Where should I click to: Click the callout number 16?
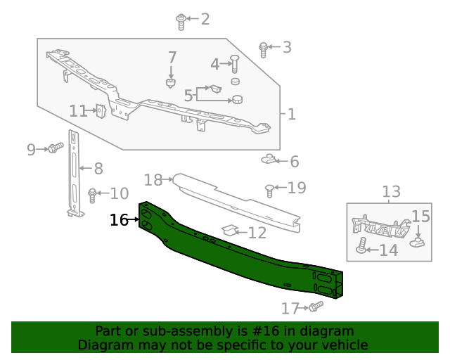(119, 220)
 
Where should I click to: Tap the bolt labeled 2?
(181, 21)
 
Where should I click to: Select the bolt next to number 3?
(264, 49)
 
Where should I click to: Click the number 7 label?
(172, 57)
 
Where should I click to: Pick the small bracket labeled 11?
(101, 111)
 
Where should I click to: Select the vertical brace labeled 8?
(75, 172)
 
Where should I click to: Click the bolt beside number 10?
(92, 194)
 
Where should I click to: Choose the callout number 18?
(153, 180)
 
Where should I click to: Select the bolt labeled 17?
(315, 307)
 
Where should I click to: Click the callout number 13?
(391, 191)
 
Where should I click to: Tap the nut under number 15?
(418, 242)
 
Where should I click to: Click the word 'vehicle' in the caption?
(344, 345)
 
